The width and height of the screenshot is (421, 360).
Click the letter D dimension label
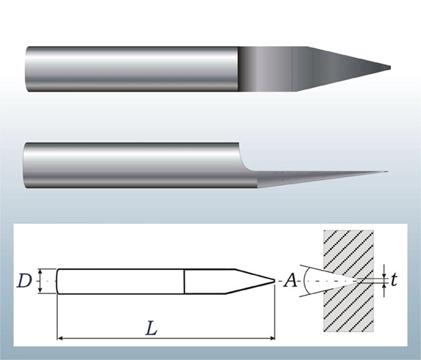click(x=24, y=281)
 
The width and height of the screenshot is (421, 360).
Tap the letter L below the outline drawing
click(x=151, y=329)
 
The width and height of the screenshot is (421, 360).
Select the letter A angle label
click(x=290, y=281)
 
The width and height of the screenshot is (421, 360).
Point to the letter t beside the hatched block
click(x=394, y=280)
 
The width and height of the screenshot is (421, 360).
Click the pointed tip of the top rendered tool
click(x=390, y=68)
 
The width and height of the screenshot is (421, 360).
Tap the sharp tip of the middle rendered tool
click(x=387, y=171)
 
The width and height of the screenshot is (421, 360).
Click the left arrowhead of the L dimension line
click(x=60, y=338)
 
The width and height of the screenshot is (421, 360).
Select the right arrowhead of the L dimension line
click(x=272, y=338)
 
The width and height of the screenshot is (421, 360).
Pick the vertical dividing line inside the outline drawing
click(x=185, y=281)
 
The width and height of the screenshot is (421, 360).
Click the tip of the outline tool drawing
click(x=275, y=281)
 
